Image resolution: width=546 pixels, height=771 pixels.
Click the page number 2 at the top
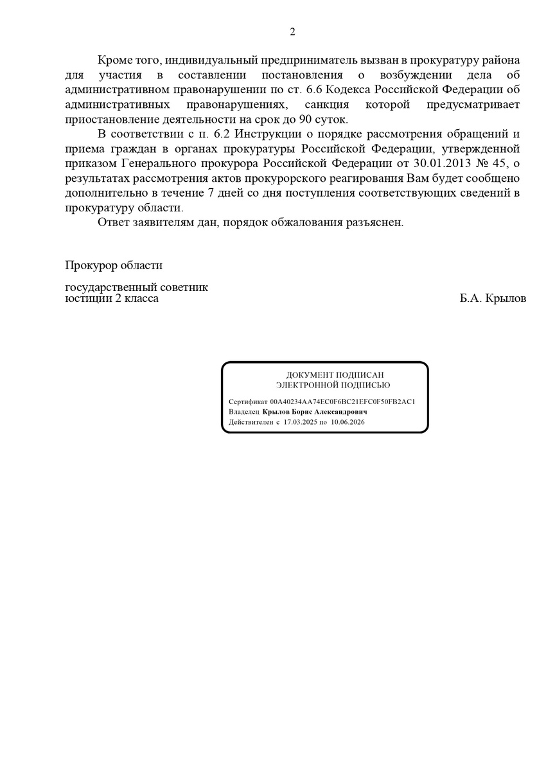pyautogui.click(x=292, y=31)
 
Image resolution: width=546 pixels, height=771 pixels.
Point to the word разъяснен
pyautogui.click(x=375, y=222)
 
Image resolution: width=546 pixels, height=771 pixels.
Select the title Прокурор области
pyautogui.click(x=114, y=265)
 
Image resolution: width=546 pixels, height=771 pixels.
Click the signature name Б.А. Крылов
pyautogui.click(x=493, y=299)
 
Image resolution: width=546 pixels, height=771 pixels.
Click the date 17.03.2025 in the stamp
pyautogui.click(x=301, y=422)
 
